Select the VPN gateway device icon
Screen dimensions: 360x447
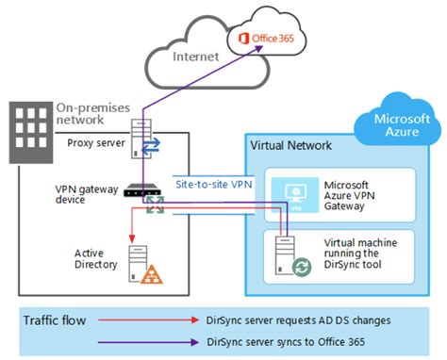145,190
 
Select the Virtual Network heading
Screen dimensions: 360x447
290,147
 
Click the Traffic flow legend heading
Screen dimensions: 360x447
57,320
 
